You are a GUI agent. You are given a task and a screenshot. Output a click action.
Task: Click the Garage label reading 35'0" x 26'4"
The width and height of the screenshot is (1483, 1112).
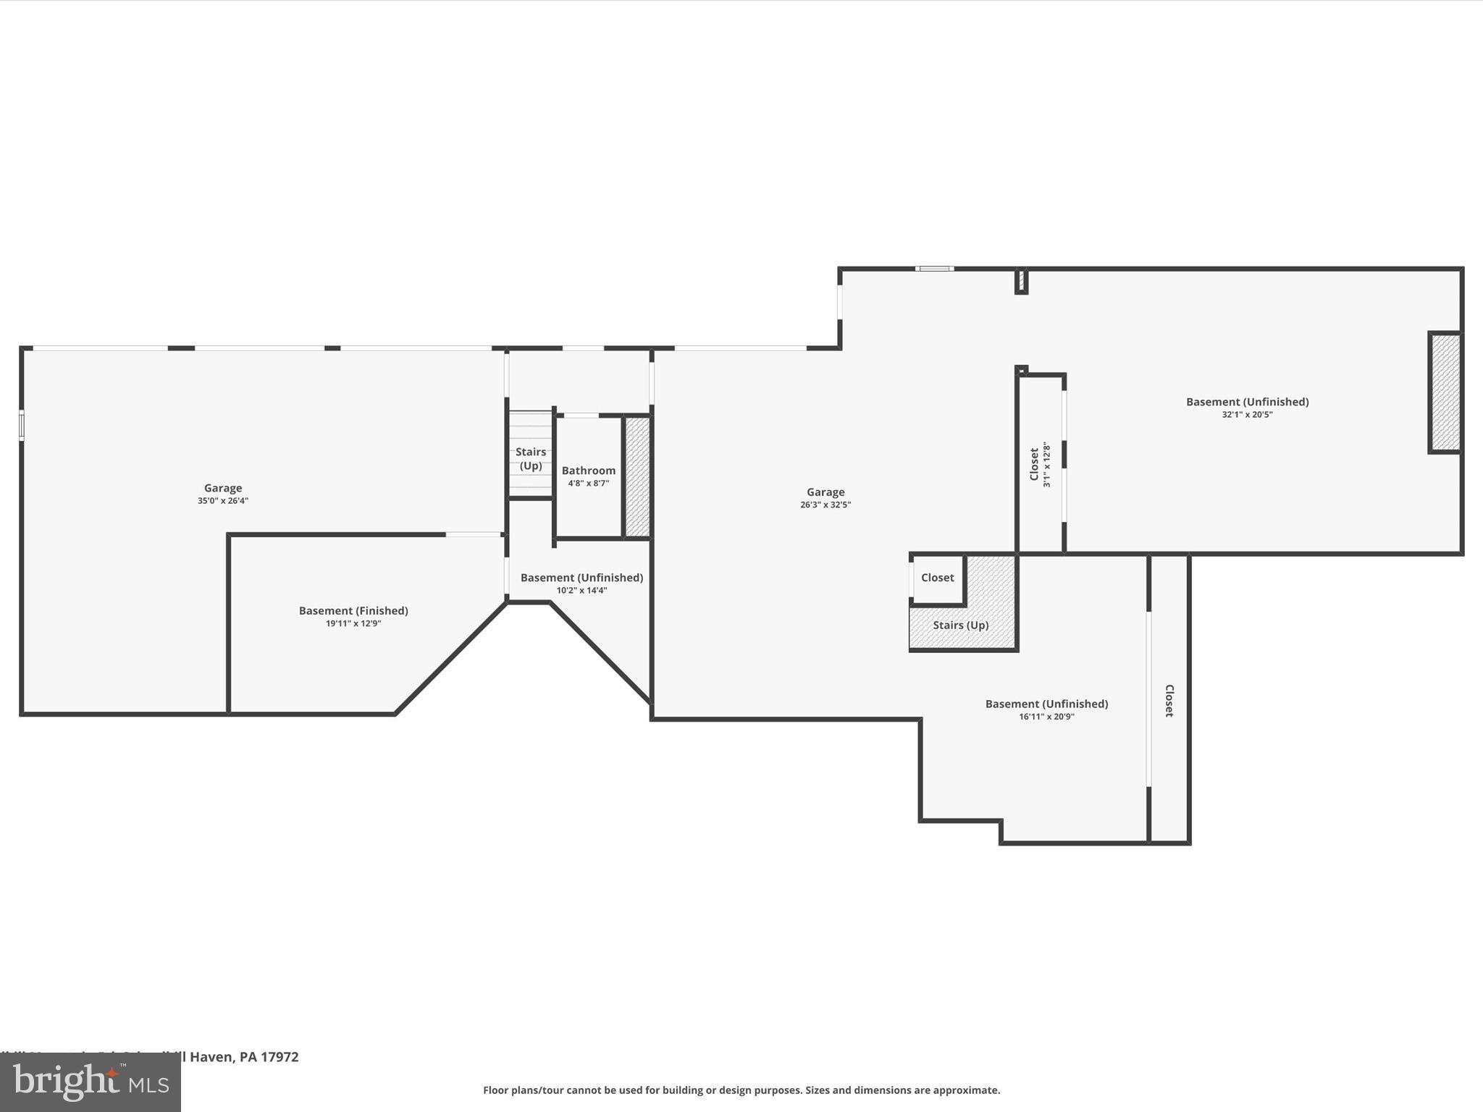click(x=222, y=488)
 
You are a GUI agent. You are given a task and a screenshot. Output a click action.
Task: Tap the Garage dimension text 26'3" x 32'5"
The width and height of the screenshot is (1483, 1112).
click(x=825, y=505)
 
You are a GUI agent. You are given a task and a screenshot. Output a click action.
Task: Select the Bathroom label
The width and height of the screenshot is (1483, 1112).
click(x=588, y=471)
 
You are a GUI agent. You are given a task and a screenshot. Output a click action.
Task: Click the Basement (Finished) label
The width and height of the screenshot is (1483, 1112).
click(x=353, y=610)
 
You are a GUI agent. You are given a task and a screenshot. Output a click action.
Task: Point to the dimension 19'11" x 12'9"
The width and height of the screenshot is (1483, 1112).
click(x=353, y=623)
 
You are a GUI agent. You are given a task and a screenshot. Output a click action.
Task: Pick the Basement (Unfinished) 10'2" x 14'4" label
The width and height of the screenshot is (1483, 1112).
click(x=581, y=578)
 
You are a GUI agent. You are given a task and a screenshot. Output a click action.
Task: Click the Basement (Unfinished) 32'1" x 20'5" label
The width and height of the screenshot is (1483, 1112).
click(x=1247, y=402)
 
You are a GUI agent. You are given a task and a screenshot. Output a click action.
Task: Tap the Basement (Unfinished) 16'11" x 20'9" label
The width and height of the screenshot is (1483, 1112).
click(x=1046, y=704)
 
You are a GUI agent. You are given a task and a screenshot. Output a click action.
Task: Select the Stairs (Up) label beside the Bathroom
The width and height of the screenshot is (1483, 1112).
click(x=531, y=459)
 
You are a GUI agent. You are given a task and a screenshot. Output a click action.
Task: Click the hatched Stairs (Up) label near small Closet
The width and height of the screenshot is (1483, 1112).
click(x=960, y=625)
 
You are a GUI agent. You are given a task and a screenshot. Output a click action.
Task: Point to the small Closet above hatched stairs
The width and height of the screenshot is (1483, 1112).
click(x=937, y=578)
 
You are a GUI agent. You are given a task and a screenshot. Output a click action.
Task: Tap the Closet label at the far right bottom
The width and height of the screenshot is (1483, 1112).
click(x=1169, y=701)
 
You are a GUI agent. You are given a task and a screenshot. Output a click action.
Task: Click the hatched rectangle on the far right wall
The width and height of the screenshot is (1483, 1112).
click(x=1445, y=392)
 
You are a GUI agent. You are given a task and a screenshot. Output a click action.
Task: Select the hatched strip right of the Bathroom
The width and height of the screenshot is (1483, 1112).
click(x=637, y=476)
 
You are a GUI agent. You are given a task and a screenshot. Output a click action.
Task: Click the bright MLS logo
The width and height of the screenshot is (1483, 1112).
click(x=91, y=1082)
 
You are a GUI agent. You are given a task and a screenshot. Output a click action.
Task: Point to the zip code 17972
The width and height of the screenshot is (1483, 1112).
click(x=280, y=1057)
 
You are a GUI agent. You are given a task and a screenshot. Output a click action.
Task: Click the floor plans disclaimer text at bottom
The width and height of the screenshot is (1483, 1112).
click(x=741, y=1090)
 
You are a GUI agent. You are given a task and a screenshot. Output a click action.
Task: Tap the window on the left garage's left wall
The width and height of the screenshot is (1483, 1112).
click(x=22, y=426)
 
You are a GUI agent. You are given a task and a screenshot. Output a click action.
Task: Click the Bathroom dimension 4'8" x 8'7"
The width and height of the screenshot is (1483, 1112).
click(x=588, y=484)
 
